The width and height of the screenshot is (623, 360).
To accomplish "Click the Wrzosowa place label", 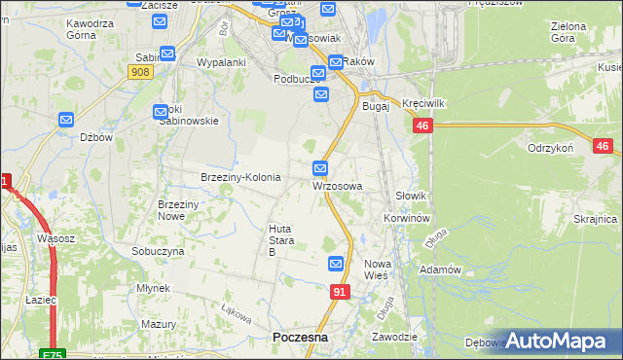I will [x=338, y=186].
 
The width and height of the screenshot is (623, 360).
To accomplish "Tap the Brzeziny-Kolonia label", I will [x=240, y=178].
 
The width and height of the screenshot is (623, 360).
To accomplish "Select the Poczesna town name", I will [x=300, y=337].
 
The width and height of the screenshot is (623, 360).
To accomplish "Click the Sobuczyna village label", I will [x=158, y=251].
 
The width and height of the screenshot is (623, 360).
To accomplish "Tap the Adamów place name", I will [x=439, y=269].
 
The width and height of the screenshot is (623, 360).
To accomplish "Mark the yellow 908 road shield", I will [x=139, y=71].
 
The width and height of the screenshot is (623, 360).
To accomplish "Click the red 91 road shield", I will [x=340, y=292].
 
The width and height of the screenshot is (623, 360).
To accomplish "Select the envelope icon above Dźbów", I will [x=66, y=120].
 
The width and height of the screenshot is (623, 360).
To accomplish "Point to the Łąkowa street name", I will [x=237, y=315].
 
